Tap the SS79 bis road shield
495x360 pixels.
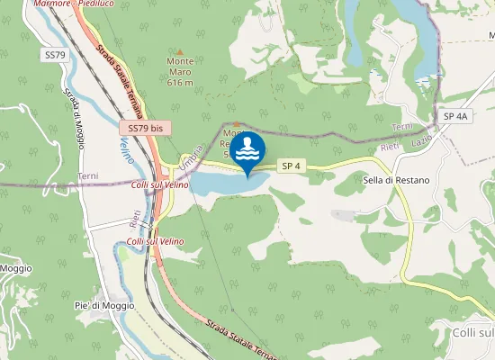[x=145, y=129]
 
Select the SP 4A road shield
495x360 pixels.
[x=456, y=117]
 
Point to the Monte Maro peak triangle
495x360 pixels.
[x=180, y=51]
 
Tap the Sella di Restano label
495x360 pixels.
[x=396, y=180]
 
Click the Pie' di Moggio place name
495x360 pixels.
[x=104, y=305]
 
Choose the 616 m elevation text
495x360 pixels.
[x=180, y=82]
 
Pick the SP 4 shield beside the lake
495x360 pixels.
[x=289, y=166]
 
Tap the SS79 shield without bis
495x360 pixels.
[x=55, y=55]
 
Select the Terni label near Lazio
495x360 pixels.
[x=401, y=127]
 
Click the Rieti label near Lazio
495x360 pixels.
[x=390, y=146]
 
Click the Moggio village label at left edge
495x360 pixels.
[x=15, y=268]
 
